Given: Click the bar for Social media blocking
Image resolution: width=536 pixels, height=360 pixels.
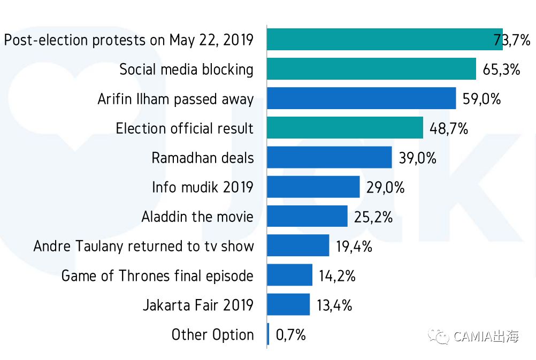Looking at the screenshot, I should pyautogui.click(x=371, y=69).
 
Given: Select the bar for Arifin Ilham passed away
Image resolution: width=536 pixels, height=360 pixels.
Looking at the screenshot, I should pyautogui.click(x=361, y=98).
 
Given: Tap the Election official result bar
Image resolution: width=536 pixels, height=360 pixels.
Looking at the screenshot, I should pyautogui.click(x=345, y=128).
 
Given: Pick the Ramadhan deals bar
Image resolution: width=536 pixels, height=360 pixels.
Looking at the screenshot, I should pyautogui.click(x=329, y=158).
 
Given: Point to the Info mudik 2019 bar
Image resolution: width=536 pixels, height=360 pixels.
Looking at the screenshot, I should pyautogui.click(x=313, y=187).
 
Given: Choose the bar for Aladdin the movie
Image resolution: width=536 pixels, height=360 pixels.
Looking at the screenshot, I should pyautogui.click(x=307, y=217).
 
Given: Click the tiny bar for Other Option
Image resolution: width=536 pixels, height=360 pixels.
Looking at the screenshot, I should pyautogui.click(x=268, y=334).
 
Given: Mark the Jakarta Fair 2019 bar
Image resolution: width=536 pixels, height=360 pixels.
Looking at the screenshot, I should pyautogui.click(x=288, y=305).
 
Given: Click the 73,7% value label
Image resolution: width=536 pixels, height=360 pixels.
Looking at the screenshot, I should pyautogui.click(x=512, y=40).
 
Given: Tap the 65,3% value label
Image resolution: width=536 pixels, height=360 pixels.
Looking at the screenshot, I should pyautogui.click(x=501, y=69).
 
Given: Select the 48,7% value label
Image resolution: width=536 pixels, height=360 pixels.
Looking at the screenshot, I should pyautogui.click(x=449, y=128).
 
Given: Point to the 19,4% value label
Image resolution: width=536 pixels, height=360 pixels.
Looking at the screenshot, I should pyautogui.click(x=354, y=246).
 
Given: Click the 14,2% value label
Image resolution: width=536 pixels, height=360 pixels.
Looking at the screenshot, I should pyautogui.click(x=337, y=275).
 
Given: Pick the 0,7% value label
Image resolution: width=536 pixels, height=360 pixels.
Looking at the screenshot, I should pyautogui.click(x=290, y=335).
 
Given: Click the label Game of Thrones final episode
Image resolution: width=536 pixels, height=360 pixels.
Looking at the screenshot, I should pyautogui.click(x=157, y=276).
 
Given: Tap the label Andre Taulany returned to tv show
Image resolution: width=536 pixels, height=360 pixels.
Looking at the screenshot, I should pyautogui.click(x=143, y=247).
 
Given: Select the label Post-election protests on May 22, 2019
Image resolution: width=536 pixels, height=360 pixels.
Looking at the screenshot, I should pyautogui.click(x=128, y=40).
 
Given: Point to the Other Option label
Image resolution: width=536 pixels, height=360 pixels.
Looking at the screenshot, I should pyautogui.click(x=212, y=335).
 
